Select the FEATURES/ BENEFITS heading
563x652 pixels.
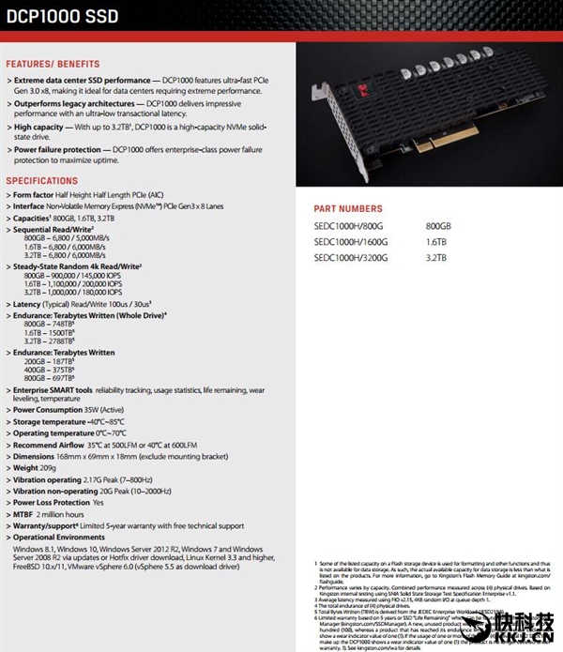click(x=53, y=64)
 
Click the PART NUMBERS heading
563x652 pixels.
click(x=346, y=209)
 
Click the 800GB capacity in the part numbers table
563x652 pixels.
click(x=438, y=226)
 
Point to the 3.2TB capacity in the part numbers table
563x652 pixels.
click(x=435, y=256)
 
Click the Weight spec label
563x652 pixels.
click(x=28, y=467)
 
